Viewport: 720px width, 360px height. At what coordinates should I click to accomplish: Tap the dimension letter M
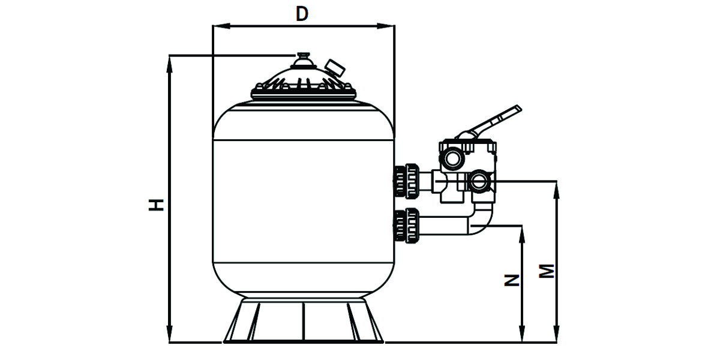pyautogui.click(x=546, y=271)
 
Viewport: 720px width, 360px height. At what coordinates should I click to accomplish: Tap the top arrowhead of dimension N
pyautogui.click(x=523, y=231)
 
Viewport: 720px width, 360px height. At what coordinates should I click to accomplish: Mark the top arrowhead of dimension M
pyautogui.click(x=557, y=185)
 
